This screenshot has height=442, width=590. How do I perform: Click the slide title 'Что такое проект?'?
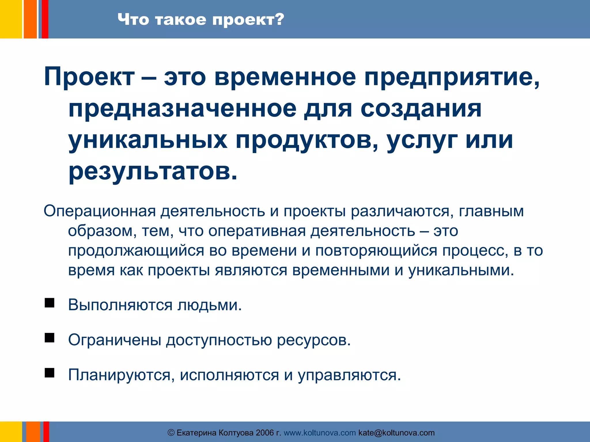coord(201,20)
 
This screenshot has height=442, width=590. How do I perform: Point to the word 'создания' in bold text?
coord(421,109)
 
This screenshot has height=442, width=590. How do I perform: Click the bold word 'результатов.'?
coord(153,172)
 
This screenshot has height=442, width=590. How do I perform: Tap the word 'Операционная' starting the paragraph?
coord(100,211)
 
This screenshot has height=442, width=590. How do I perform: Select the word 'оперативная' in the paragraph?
coord(257,231)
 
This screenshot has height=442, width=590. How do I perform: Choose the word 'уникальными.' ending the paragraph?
coord(461,270)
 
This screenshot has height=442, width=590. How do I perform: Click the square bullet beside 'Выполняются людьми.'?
coord(50,303)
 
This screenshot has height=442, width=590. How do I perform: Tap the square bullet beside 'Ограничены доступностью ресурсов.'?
coord(50,338)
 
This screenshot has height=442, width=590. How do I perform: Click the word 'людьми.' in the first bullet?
coord(209,305)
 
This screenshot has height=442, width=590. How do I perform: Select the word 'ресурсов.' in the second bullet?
coord(314,340)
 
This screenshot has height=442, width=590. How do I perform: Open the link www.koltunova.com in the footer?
coord(320,433)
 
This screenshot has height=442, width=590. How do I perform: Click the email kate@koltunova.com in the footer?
coord(396,433)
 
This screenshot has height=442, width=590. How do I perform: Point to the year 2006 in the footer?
coord(265,433)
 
